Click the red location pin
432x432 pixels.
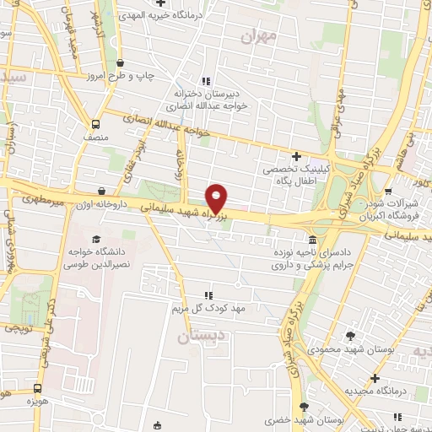pos(217,197)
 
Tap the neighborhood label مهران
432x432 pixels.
pos(258,35)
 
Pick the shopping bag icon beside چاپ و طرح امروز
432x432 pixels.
pos(120,63)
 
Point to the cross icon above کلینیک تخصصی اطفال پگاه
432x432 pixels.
pos(296,156)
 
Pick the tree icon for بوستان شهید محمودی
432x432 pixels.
pos(350,337)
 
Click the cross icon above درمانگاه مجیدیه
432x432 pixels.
pos(375,378)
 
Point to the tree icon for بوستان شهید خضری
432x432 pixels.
pos(304,408)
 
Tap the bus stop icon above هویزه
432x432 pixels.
pos(36,388)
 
